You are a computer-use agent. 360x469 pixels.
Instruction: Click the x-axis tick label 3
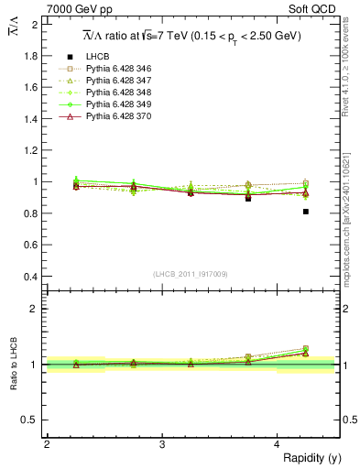[162, 444]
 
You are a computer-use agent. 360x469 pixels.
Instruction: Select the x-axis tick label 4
[278, 444]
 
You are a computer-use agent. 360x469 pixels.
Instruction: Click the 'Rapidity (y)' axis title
[308, 458]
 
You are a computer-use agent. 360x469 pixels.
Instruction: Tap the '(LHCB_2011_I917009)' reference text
[190, 273]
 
